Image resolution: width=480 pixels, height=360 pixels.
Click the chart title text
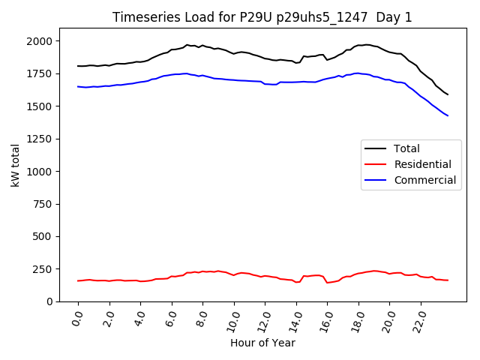coord(262,17)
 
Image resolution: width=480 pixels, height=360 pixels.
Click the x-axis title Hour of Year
coord(262,343)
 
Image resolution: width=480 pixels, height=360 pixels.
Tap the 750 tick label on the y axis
coord(49,204)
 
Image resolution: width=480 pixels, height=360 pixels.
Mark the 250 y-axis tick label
coord(49,268)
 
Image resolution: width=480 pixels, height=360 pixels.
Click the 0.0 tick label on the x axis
coord(78,316)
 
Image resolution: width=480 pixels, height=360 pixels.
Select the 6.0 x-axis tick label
coord(172,316)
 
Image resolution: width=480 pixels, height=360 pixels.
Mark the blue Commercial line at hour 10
coord(234,79)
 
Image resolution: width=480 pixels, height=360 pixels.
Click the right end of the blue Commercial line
coord(448,115)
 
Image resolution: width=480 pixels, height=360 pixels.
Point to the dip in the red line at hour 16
coord(327,283)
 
